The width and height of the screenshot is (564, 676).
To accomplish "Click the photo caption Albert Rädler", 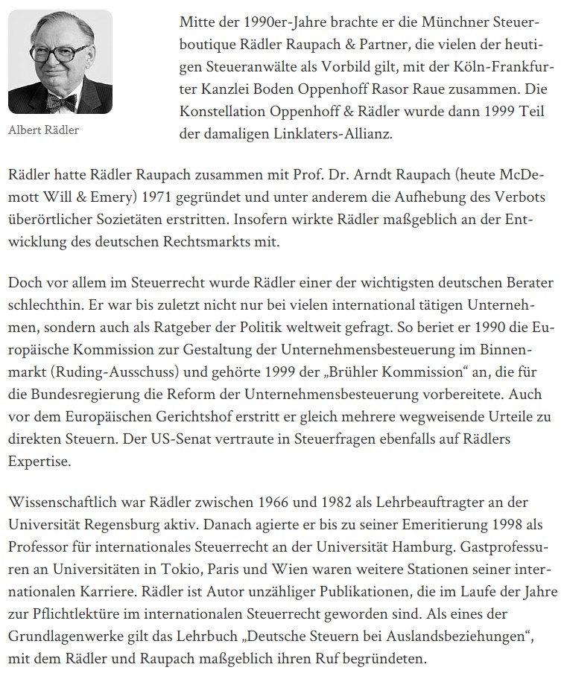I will (x=43, y=130).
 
